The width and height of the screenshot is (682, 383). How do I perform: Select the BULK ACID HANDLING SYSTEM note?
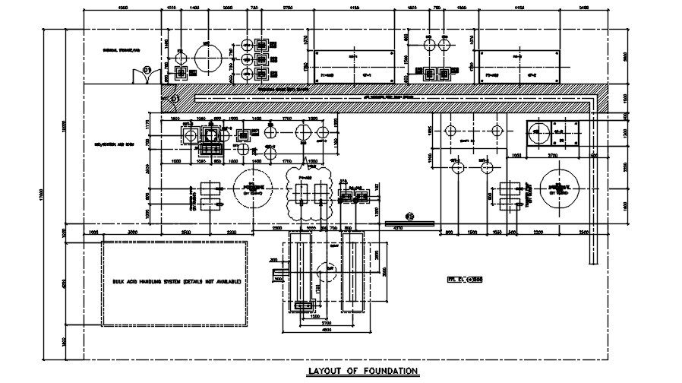coord(176,282)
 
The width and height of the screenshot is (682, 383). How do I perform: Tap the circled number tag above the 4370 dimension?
coord(409,216)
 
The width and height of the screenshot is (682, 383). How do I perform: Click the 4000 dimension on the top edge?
coord(122,7)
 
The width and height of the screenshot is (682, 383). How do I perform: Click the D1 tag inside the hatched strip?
coord(174,99)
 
